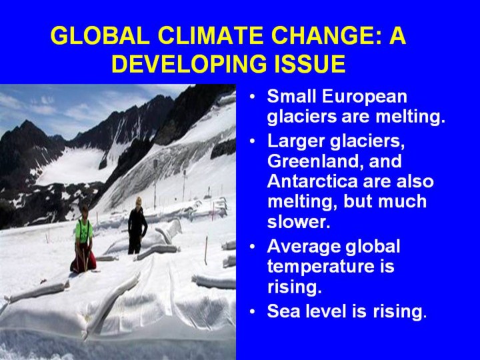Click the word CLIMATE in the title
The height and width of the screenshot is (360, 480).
(x=210, y=35)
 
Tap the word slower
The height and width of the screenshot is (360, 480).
(x=299, y=221)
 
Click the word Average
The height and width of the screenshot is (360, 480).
(x=304, y=247)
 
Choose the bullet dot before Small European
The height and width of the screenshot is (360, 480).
(x=252, y=97)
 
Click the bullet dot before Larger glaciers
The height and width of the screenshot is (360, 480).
(x=252, y=141)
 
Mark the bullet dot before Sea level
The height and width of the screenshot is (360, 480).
(x=252, y=311)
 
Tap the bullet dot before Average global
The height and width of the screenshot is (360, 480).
(x=252, y=247)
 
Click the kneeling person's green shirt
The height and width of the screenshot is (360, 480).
(x=84, y=231)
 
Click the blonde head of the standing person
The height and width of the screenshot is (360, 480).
(x=139, y=201)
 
